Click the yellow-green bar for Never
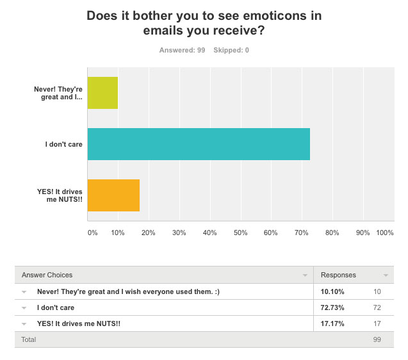pos(102,92)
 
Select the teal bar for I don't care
pos(199,143)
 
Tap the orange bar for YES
pos(113,195)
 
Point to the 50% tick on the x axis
pos(240,233)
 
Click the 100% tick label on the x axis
pos(385,233)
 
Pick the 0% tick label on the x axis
pos(92,233)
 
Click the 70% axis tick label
pos(301,233)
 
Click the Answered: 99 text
pos(182,50)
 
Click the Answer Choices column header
pos(47,275)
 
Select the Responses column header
pos(338,275)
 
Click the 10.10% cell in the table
pos(333,291)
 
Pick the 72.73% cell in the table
pos(333,307)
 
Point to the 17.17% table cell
pos(333,323)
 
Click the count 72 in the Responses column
pos(377,307)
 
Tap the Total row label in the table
pos(29,340)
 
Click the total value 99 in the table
pos(377,340)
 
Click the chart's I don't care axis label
pos(63,144)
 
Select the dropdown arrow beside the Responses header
pos(386,275)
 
